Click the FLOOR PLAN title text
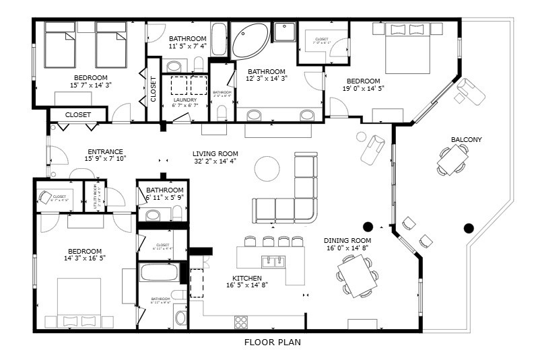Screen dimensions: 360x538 coord(272,343)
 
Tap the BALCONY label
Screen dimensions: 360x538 coord(467,140)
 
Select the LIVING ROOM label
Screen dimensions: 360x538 coord(215,153)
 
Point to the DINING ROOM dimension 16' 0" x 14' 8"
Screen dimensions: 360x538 coord(347,248)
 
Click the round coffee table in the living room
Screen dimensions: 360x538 coord(267,168)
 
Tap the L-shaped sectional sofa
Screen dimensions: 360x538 coord(296,199)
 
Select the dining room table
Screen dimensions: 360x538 coord(357,275)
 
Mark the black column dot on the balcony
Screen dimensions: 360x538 coord(469,227)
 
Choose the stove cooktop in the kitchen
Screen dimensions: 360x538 coord(240,322)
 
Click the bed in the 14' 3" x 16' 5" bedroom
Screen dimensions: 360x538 coord(79,301)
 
